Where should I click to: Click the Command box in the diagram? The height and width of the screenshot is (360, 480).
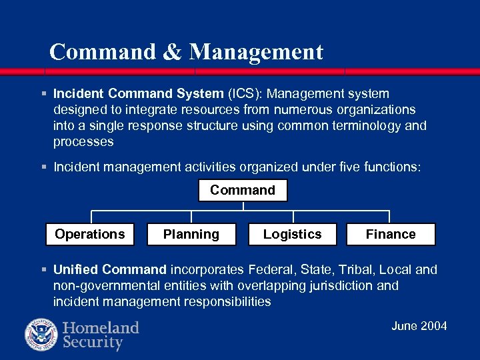click(x=243, y=191)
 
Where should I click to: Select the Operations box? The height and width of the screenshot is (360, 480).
click(x=90, y=234)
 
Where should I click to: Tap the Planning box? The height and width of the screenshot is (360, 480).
click(x=191, y=234)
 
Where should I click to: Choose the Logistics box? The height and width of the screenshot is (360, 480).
click(x=292, y=234)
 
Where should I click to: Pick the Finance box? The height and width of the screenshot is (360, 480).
click(x=391, y=234)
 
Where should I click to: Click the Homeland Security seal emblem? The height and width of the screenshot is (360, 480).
click(x=41, y=335)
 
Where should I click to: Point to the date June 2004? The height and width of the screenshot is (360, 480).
click(x=419, y=326)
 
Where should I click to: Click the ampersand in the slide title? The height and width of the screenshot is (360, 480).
click(x=172, y=52)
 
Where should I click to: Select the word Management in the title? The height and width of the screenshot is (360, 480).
click(x=256, y=52)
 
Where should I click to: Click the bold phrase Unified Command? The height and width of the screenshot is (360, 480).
click(x=110, y=270)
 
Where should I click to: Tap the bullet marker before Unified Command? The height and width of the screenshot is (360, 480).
click(x=43, y=270)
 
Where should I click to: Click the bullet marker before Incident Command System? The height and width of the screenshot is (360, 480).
click(x=43, y=94)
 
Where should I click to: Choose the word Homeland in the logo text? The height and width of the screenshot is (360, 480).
click(x=101, y=327)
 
